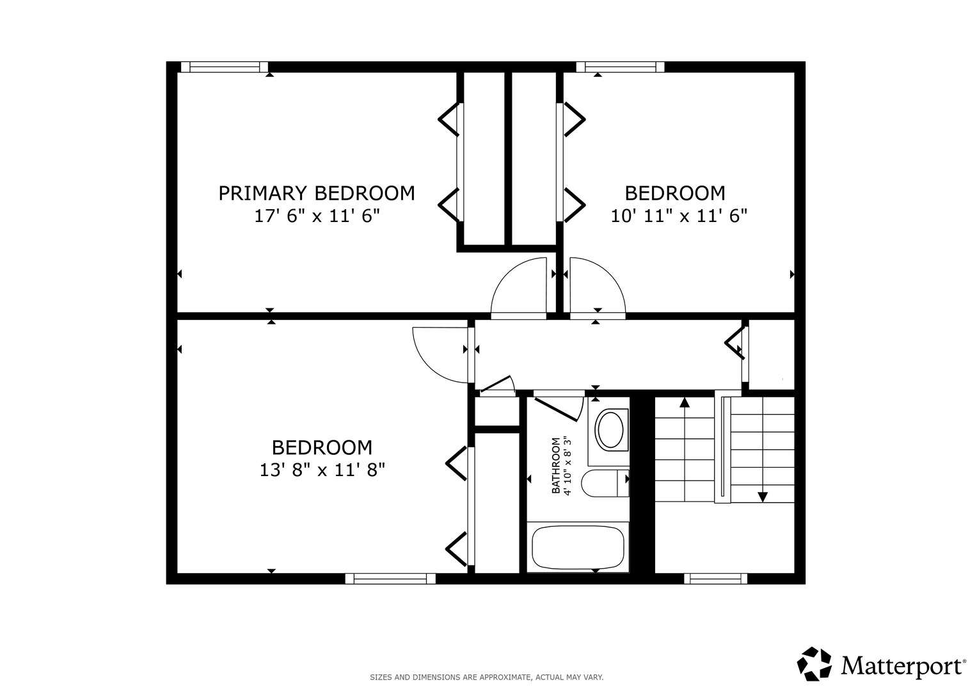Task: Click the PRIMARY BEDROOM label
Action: (317, 193)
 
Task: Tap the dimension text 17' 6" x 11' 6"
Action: (317, 216)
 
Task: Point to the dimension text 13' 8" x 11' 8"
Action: (322, 470)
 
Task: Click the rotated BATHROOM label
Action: (556, 465)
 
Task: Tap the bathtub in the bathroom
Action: (578, 547)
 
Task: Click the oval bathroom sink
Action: (610, 430)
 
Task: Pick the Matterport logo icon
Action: (814, 663)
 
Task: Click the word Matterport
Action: (903, 666)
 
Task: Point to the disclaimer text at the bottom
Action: (487, 677)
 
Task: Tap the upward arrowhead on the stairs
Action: (685, 402)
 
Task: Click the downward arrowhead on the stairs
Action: (763, 496)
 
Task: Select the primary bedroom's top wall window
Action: (224, 67)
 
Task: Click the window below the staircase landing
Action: (715, 578)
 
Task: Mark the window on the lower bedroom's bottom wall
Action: (390, 578)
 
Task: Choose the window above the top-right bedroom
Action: (620, 67)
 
